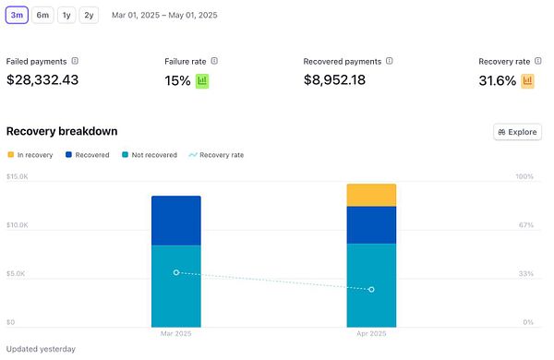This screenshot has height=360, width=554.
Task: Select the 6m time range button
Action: pyautogui.click(x=43, y=15)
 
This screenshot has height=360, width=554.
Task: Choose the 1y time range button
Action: pyautogui.click(x=66, y=15)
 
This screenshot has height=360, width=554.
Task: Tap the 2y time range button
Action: pyautogui.click(x=89, y=15)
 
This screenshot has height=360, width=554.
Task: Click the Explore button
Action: pyautogui.click(x=517, y=132)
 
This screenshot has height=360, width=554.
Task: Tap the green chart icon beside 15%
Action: pyautogui.click(x=202, y=80)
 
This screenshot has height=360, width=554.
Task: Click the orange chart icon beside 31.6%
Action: pyautogui.click(x=527, y=80)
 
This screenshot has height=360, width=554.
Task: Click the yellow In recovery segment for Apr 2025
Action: pyautogui.click(x=371, y=195)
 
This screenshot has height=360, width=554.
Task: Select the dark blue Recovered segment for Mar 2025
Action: pyautogui.click(x=175, y=221)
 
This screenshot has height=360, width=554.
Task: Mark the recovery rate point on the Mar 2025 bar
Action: pyautogui.click(x=176, y=272)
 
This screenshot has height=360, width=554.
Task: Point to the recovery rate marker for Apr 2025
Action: pyautogui.click(x=371, y=290)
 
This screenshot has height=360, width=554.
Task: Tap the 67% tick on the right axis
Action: pyautogui.click(x=525, y=225)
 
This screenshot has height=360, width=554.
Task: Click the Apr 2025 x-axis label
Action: pyautogui.click(x=371, y=332)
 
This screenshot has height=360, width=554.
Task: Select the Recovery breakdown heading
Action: pyautogui.click(x=62, y=132)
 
